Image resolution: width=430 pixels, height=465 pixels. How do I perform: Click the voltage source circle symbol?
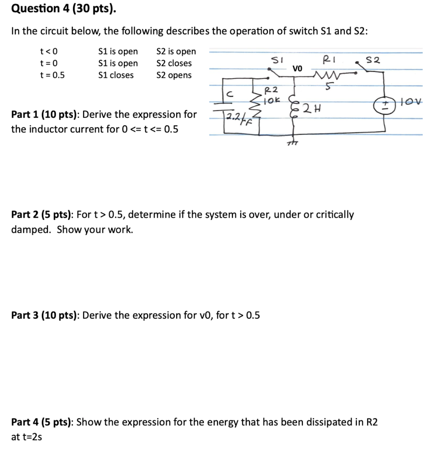click(379, 104)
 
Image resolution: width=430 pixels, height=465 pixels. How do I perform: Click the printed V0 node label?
click(298, 68)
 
